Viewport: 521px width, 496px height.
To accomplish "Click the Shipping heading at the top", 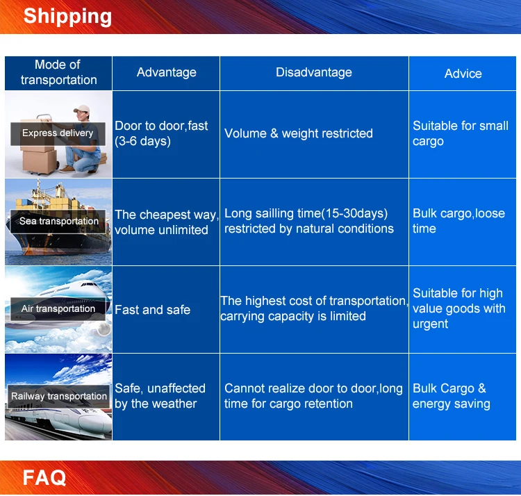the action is (x=67, y=17).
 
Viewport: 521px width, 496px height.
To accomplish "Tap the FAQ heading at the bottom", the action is (x=44, y=477).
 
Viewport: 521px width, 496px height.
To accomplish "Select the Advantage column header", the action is (x=167, y=72).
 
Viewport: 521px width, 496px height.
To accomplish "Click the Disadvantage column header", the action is (x=314, y=72).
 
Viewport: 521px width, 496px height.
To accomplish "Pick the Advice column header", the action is (x=463, y=74).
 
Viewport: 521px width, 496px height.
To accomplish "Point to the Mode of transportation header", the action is (x=58, y=72).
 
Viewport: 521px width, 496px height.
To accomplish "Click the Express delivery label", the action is (x=58, y=133).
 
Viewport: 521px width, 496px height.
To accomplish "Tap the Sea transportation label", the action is (x=59, y=221).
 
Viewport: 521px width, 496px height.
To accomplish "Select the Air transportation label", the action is (x=58, y=308).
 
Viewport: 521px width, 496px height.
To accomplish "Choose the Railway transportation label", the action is (x=59, y=396).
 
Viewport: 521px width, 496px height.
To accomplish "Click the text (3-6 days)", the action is (x=142, y=141).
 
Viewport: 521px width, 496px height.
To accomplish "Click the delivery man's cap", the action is (x=82, y=109).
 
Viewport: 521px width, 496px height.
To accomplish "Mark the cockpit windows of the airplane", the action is (x=89, y=284).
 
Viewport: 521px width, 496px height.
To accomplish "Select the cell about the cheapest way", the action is (x=167, y=222).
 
